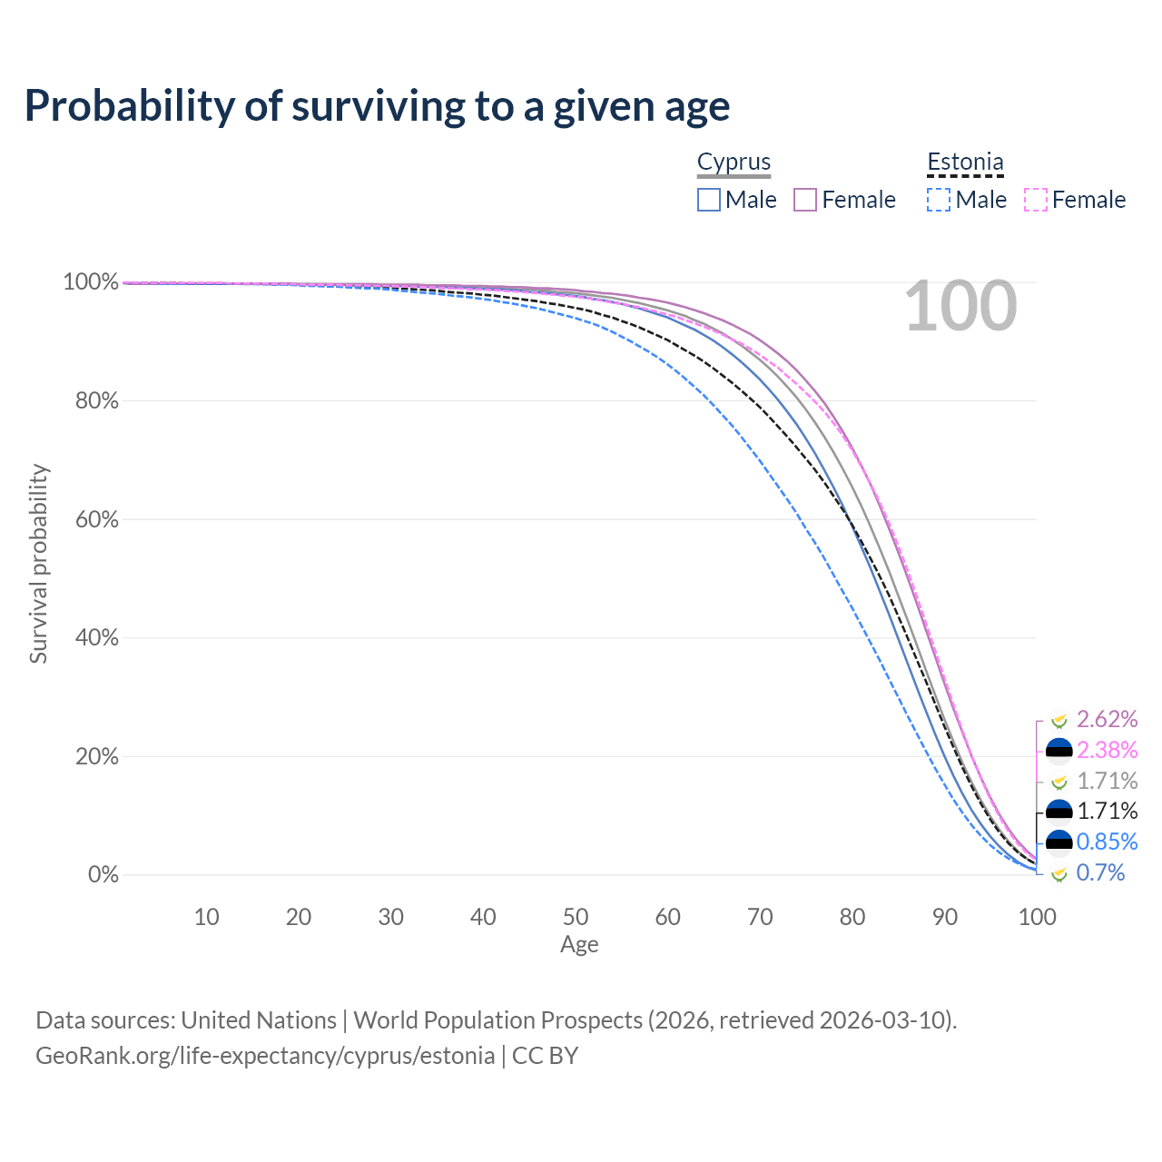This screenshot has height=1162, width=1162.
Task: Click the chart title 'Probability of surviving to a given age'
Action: coord(377,107)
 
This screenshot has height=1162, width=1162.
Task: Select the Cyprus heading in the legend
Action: coord(734,162)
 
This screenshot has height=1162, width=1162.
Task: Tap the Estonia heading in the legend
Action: coord(965,162)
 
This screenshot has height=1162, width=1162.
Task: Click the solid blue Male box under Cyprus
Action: coord(708,201)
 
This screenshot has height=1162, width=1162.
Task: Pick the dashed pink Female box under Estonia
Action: coord(1036,201)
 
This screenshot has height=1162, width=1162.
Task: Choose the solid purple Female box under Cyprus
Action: coord(805,201)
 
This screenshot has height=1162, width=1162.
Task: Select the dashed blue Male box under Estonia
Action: coord(939,201)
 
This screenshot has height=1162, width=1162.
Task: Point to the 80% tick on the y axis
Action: coord(96,400)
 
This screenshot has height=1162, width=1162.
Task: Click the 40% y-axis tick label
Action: coord(96,637)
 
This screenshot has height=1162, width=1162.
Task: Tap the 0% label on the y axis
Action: coord(103,874)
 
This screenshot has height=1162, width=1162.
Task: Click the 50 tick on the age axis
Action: coord(576,917)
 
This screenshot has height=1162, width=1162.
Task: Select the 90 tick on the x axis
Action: coord(944,917)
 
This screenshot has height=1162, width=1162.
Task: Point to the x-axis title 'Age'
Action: coord(579,945)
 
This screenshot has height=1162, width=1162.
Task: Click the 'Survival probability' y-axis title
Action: coord(38,563)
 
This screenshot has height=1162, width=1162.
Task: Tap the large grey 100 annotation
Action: coord(960,306)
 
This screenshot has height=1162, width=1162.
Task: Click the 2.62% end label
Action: coord(1107,719)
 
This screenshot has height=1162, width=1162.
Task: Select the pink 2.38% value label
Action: coord(1107,750)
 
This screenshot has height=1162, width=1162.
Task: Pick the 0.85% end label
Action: coord(1107,842)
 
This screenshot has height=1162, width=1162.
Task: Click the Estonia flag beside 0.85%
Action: coord(1059,842)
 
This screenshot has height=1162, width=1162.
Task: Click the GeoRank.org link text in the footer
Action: coord(265,1056)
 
